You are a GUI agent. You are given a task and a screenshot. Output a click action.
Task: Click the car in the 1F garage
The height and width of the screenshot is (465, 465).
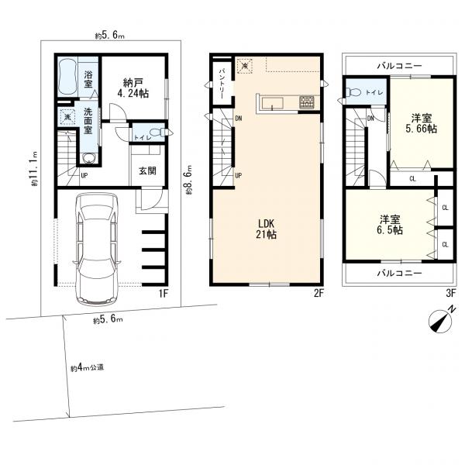[97, 249]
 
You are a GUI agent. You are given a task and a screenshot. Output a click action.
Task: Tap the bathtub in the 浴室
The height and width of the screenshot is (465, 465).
[67, 77]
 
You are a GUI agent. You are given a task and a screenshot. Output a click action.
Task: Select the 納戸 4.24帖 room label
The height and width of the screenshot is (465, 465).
[133, 88]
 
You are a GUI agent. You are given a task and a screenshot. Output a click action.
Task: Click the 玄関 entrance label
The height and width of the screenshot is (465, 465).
[147, 170]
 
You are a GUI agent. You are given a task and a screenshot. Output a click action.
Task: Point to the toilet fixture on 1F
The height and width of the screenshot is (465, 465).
[157, 132]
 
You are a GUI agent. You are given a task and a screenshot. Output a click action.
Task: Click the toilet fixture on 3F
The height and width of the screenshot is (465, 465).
[354, 92]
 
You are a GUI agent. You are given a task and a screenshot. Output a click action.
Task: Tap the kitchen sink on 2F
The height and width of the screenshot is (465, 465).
[272, 103]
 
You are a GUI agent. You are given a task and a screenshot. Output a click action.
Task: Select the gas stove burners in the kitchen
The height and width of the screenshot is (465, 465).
[308, 102]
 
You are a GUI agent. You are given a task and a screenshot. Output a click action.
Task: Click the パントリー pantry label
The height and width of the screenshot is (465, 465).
[222, 84]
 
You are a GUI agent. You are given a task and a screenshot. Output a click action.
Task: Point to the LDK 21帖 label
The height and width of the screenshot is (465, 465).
[266, 229]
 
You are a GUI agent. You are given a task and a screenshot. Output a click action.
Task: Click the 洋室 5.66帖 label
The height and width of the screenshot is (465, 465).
[421, 123]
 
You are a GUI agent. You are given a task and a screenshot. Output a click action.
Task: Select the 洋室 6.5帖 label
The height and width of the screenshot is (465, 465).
[390, 225]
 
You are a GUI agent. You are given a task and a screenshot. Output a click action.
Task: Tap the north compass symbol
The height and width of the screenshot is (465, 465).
[441, 320]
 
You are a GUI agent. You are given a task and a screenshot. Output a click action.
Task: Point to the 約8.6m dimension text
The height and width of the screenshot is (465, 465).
[189, 180]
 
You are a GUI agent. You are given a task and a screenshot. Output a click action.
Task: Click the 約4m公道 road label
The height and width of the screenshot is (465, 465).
[87, 367]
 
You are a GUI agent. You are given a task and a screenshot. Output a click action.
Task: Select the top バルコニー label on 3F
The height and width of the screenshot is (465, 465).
[399, 66]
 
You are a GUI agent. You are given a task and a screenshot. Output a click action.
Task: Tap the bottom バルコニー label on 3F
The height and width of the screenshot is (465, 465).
[399, 273]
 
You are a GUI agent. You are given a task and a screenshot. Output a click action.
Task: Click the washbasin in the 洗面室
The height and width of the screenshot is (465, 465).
[89, 159]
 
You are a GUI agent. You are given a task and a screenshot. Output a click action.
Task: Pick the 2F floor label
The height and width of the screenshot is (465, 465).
[319, 294]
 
